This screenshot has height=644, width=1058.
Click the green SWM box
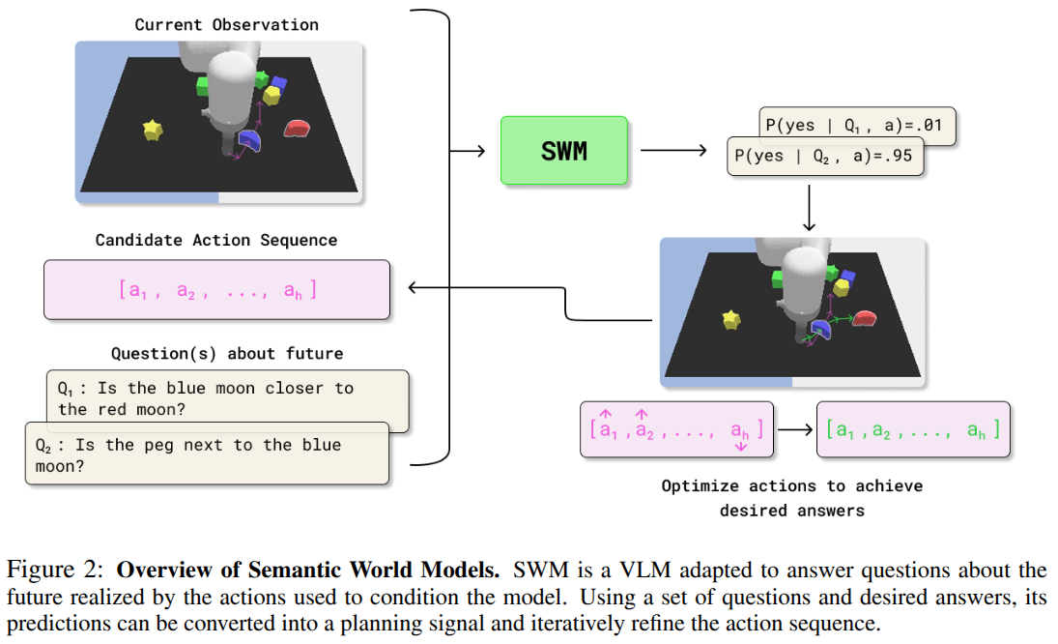[x=564, y=150]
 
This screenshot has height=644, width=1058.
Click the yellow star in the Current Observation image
[x=152, y=131]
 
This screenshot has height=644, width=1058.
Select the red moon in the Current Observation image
[x=298, y=128]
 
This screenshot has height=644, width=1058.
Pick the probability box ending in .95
[x=825, y=157]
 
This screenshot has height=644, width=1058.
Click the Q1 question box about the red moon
[x=227, y=398]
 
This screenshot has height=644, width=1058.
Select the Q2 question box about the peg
[x=207, y=455]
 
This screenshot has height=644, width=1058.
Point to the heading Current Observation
[x=226, y=24]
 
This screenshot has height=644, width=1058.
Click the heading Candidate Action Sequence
[x=216, y=240]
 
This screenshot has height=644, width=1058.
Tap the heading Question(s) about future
[x=227, y=354]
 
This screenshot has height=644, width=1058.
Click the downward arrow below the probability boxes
[x=809, y=209]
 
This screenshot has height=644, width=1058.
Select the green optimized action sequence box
[x=913, y=429]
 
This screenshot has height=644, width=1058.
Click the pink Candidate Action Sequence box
[x=216, y=289]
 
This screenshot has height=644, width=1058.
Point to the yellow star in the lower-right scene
[x=732, y=318]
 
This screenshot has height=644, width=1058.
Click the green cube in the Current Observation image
[x=204, y=85]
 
